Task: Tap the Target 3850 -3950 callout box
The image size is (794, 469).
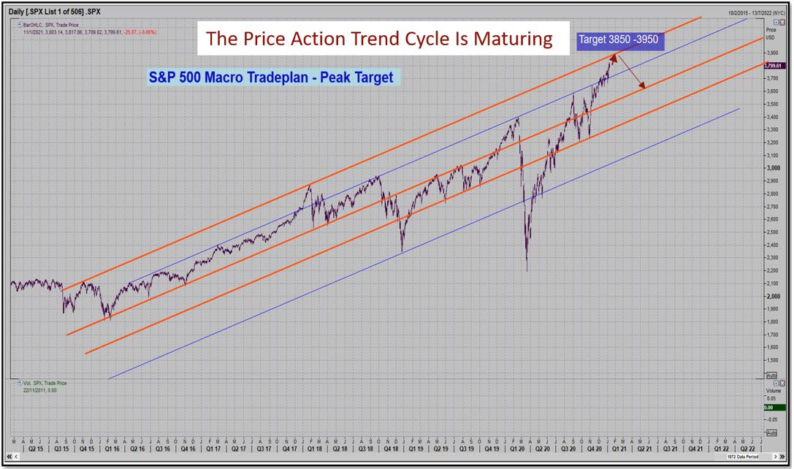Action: point(620,41)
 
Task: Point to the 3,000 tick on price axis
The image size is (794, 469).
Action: point(771,168)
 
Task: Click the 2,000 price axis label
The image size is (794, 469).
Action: point(771,297)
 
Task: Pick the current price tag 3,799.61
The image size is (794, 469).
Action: point(773,66)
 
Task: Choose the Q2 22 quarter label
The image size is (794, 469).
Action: point(747,451)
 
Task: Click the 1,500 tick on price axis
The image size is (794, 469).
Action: point(771,360)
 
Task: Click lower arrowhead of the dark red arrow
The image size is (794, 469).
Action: point(644,88)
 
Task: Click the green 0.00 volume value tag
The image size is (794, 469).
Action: point(771,408)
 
